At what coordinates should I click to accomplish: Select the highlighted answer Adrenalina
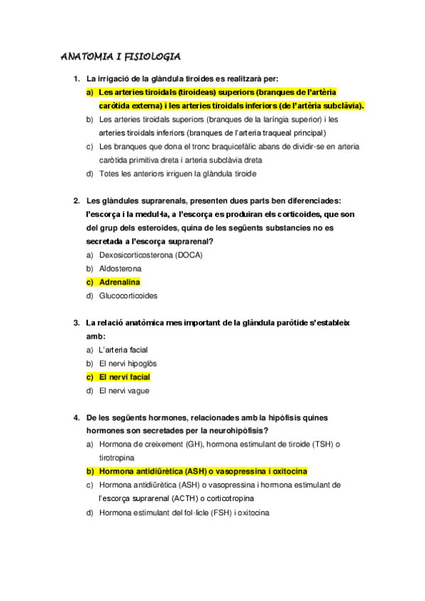coord(119,282)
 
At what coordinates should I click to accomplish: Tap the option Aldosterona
coord(120,269)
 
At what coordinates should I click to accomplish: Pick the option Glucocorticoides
coord(128,296)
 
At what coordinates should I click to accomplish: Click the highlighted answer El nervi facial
coord(124,377)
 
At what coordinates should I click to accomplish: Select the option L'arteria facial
coord(123,349)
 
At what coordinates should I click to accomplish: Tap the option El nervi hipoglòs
coord(128,364)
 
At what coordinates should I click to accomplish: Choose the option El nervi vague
coord(124,391)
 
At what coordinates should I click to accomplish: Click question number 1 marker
coord(76,78)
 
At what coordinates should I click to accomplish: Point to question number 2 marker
coord(76,201)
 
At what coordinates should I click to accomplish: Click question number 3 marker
coord(76,322)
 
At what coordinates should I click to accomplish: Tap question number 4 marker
coord(76,417)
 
